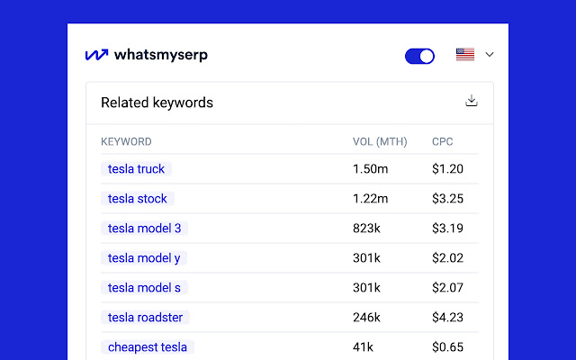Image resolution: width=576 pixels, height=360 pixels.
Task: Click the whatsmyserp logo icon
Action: (96, 55)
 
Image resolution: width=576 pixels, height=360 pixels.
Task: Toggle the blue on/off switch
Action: (419, 56)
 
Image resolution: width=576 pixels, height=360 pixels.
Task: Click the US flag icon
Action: (465, 55)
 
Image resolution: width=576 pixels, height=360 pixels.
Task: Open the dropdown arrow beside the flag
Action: (490, 55)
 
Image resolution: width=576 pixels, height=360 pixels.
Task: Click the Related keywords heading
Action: (157, 103)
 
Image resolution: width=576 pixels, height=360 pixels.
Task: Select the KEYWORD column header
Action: (126, 141)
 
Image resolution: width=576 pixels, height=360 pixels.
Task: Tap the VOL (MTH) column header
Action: (380, 141)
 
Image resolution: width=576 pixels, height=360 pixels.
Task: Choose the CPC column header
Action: (443, 141)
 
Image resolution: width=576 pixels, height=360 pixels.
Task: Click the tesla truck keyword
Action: (136, 168)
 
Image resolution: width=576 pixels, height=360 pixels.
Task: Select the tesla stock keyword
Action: (138, 198)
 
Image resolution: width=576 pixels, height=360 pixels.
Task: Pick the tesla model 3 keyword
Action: (144, 228)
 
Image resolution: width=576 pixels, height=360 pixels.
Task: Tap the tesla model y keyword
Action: (144, 257)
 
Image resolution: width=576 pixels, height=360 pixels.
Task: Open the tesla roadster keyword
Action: (146, 317)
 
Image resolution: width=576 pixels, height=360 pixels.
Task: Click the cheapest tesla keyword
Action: (148, 346)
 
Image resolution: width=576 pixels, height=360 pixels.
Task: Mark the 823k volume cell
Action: (367, 228)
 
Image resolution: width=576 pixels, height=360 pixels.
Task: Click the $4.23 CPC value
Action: (447, 317)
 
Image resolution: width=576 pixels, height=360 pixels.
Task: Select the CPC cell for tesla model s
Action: (447, 287)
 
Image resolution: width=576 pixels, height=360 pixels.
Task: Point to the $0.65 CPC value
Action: (447, 346)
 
